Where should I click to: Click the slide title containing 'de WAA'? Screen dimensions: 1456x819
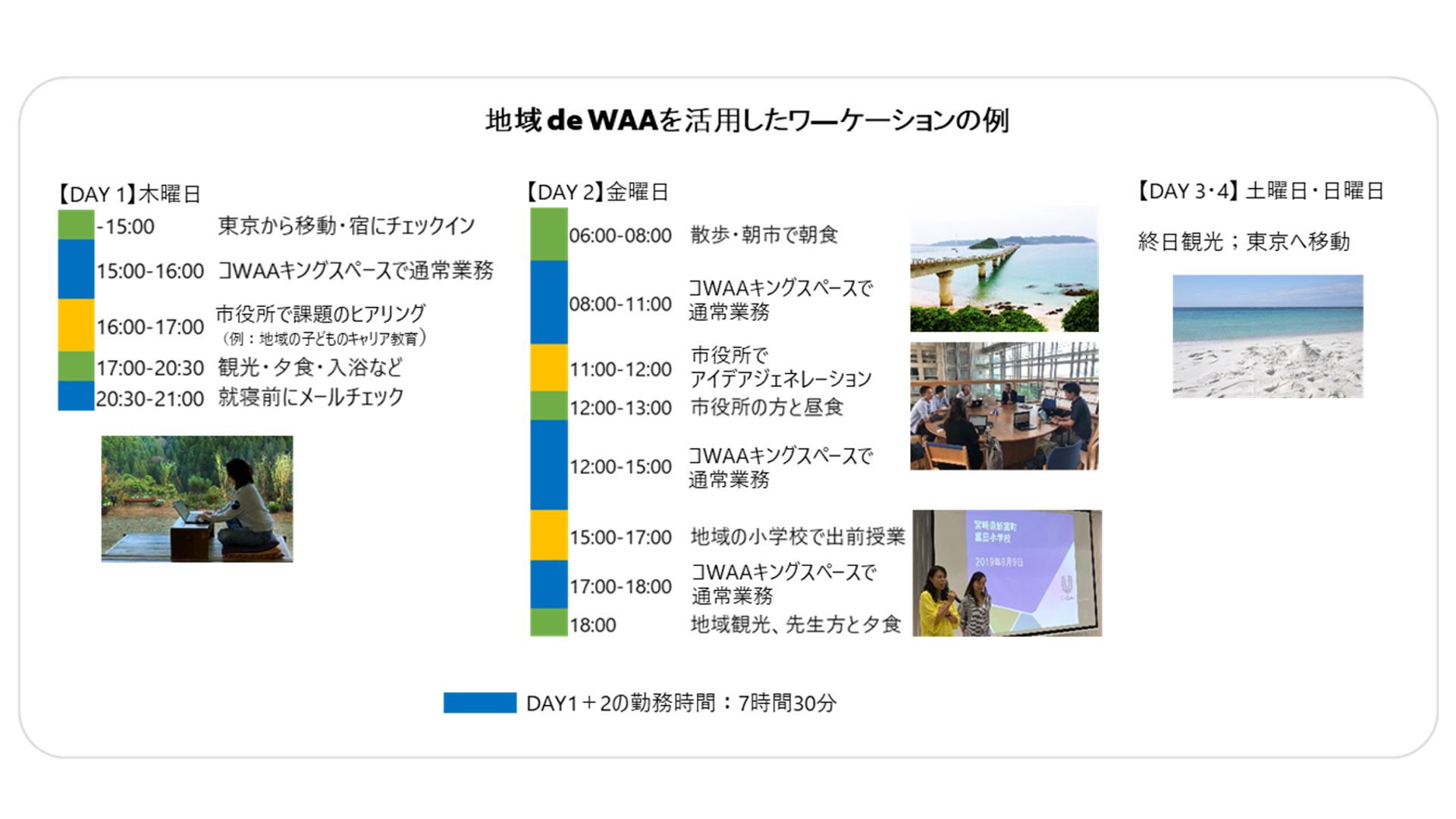747,121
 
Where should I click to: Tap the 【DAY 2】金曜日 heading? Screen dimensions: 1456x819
598,192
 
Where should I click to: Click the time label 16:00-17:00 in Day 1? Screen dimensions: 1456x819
150,327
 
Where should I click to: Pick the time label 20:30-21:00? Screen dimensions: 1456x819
150,398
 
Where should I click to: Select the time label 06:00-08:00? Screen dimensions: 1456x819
620,235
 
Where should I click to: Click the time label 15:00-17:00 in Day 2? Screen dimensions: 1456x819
620,537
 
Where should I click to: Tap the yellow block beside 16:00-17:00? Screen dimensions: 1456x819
76,325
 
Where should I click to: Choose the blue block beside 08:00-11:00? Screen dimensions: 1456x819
549,303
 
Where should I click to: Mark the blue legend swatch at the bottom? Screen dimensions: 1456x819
480,703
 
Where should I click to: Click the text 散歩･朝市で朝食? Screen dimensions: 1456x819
764,234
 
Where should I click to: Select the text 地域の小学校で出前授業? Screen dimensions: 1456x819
798,536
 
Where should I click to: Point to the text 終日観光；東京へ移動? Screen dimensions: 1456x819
1244,241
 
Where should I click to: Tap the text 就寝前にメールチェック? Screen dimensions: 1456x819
311,397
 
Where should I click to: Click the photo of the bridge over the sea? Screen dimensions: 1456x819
1004,268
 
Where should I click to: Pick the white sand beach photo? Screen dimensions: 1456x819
1268,336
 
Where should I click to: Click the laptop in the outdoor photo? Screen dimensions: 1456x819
187,513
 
